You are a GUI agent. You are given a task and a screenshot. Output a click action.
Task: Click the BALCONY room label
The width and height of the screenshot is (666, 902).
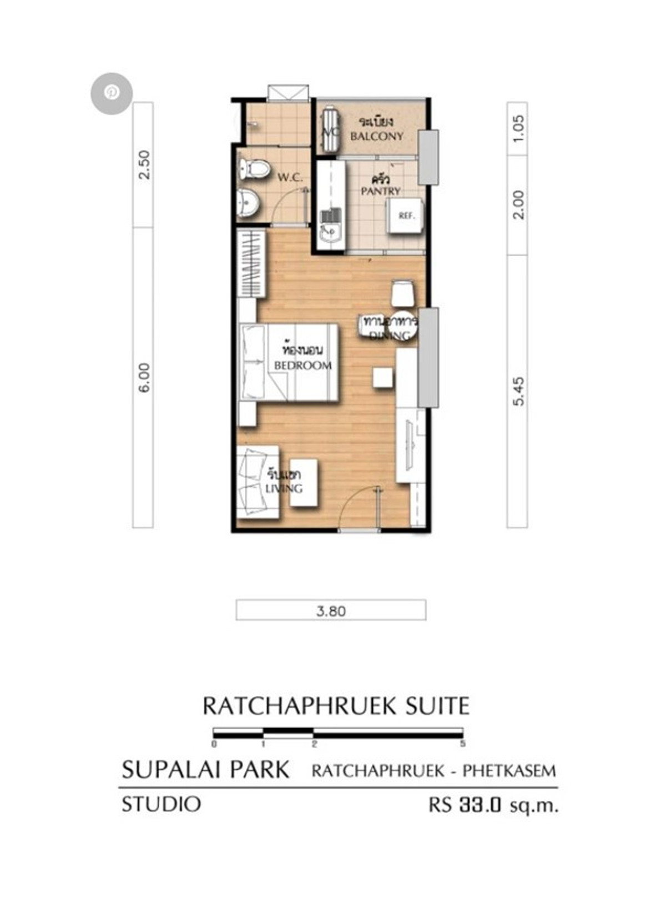click(x=377, y=136)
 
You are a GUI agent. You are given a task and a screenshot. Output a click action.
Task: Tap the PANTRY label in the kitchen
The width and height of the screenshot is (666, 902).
click(x=381, y=191)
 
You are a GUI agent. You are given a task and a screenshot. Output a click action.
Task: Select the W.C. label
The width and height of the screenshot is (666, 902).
click(x=290, y=178)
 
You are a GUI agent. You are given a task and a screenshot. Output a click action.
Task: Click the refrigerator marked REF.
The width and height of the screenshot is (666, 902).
click(x=406, y=216)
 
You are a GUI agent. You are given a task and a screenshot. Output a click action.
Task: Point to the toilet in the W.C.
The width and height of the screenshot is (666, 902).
click(x=253, y=168)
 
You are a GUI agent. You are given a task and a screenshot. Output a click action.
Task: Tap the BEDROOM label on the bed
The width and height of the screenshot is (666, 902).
click(x=302, y=365)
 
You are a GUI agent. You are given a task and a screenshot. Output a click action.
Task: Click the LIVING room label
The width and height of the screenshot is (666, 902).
click(x=284, y=488)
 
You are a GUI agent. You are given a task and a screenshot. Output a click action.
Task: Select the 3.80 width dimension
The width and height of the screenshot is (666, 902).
click(x=331, y=611)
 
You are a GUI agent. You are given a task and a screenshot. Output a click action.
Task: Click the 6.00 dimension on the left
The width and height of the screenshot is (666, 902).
click(x=143, y=378)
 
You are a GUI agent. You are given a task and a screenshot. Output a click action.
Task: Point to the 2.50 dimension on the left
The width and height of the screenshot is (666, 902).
click(x=143, y=165)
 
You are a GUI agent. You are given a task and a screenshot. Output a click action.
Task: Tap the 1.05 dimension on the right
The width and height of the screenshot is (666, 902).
click(x=518, y=128)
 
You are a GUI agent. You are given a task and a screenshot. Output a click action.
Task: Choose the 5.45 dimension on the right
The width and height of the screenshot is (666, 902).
click(x=518, y=392)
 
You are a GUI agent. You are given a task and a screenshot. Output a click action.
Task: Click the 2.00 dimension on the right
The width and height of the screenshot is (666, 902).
click(x=518, y=204)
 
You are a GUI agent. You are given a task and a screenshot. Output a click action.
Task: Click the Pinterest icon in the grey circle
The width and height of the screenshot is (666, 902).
click(x=112, y=93)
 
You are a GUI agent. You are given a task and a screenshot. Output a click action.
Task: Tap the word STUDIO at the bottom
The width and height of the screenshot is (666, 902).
click(x=161, y=804)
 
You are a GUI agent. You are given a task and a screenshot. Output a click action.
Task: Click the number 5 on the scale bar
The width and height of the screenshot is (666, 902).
click(x=462, y=744)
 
